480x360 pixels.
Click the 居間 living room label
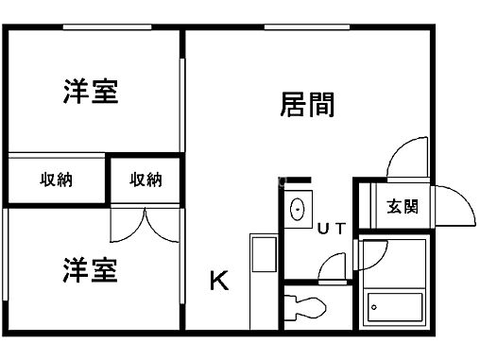307,104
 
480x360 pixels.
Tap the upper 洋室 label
91,94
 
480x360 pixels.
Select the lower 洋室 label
91,271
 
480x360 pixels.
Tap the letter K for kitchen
218,281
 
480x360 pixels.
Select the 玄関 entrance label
403,207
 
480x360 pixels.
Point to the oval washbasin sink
296,209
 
